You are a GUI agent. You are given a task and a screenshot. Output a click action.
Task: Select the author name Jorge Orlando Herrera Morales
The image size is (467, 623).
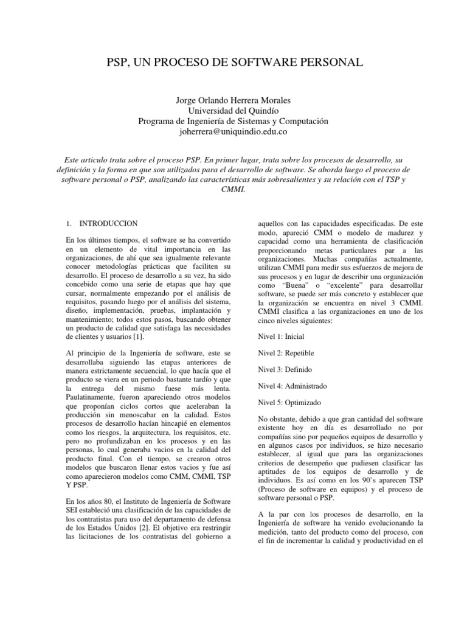click(x=233, y=100)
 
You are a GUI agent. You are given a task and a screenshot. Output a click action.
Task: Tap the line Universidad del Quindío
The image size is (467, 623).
click(x=233, y=111)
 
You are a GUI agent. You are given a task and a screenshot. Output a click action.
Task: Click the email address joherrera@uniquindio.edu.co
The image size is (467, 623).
click(x=233, y=131)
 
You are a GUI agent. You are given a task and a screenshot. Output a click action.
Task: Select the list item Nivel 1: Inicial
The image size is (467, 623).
click(x=281, y=336)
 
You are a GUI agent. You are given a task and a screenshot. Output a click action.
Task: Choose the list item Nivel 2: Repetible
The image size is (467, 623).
click(x=285, y=353)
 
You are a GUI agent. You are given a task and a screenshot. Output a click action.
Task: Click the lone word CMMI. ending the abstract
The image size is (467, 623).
click(x=233, y=189)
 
